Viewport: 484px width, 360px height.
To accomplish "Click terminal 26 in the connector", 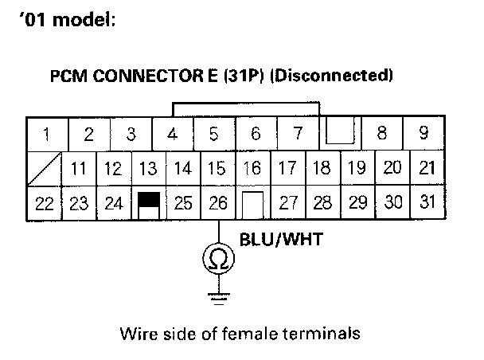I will pos(217,202).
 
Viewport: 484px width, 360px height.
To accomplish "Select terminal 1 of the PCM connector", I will pos(48,134).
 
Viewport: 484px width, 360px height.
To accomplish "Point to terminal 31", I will pos(428,202).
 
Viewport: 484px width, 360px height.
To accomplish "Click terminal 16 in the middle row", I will pos(252,168).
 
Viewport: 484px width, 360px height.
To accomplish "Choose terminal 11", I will pos(78,168).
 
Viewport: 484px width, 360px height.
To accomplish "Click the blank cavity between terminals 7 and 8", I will pos(341,132).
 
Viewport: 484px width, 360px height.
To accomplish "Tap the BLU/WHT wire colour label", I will pos(280,238).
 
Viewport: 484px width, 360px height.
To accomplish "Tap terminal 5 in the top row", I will pos(213,134).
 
